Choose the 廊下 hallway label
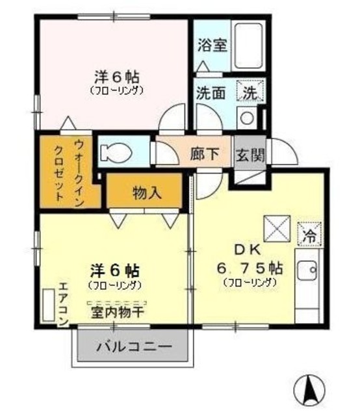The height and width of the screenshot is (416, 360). [204, 155]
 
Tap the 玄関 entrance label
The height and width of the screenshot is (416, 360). [250, 155]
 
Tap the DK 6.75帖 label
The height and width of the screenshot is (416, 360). [250, 260]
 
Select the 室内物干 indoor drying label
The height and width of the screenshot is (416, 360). [118, 311]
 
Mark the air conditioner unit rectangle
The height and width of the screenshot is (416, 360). [47, 304]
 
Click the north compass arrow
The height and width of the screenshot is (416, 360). [309, 390]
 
